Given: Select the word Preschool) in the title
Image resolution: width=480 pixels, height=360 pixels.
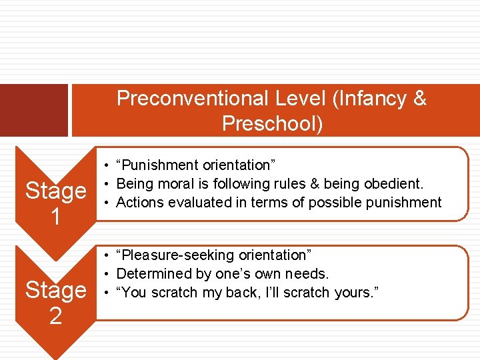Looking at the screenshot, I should [272, 124].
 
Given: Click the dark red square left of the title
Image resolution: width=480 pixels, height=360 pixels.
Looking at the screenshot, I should [33, 110].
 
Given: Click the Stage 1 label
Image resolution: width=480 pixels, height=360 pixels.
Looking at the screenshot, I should [55, 203].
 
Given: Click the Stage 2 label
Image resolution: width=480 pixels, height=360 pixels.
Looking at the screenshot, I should [55, 302].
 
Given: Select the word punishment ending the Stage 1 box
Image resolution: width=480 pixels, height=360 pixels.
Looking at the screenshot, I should [407, 202].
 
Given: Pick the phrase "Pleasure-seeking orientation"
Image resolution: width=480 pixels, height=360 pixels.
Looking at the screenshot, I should [213, 255].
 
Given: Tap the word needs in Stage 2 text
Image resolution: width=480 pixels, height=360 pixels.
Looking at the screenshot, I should [309, 274].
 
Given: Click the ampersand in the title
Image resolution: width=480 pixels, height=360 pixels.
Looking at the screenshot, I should [419, 99].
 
